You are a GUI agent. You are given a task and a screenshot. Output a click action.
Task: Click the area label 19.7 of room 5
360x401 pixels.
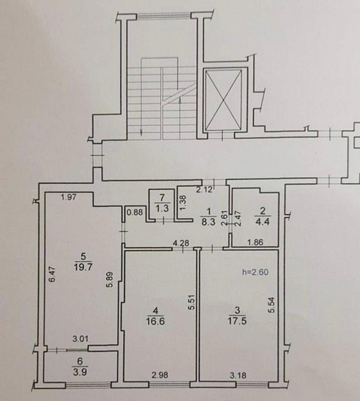click(x=83, y=268)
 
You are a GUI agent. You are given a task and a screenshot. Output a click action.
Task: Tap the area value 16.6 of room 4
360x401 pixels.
click(x=155, y=321)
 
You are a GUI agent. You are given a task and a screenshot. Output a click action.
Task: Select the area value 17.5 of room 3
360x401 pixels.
click(x=237, y=321)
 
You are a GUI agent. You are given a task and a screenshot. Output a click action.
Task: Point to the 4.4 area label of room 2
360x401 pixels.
click(x=263, y=221)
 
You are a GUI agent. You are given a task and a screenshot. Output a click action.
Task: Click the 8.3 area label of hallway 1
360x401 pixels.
click(x=209, y=221)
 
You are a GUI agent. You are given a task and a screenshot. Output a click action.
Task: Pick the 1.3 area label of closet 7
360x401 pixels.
click(x=163, y=208)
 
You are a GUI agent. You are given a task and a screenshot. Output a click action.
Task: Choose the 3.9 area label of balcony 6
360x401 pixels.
click(x=80, y=372)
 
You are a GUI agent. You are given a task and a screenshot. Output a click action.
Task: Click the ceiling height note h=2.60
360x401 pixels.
click(x=255, y=272)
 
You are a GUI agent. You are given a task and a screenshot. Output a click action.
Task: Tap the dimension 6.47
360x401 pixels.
click(x=53, y=274)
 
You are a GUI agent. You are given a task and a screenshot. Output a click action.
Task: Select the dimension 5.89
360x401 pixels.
click(x=110, y=280)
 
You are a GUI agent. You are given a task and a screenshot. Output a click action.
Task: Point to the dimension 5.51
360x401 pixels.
click(x=191, y=302)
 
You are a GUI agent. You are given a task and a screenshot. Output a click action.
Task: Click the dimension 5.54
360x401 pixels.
click(x=271, y=305)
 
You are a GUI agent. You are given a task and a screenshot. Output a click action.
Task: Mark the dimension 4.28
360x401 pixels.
click(x=181, y=243)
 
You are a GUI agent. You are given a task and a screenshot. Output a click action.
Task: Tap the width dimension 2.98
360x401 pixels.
click(x=160, y=375)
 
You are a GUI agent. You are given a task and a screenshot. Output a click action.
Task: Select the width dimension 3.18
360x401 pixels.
click(x=238, y=375)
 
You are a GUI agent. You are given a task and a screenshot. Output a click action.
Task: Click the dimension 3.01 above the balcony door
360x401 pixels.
click(x=81, y=339)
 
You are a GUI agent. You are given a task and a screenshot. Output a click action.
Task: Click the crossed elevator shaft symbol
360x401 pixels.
click(x=224, y=99)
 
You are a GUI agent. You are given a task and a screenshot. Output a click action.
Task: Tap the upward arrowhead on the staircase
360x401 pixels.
click(x=181, y=101)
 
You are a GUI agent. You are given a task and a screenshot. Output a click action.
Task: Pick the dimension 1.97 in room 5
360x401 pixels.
click(x=69, y=197)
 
